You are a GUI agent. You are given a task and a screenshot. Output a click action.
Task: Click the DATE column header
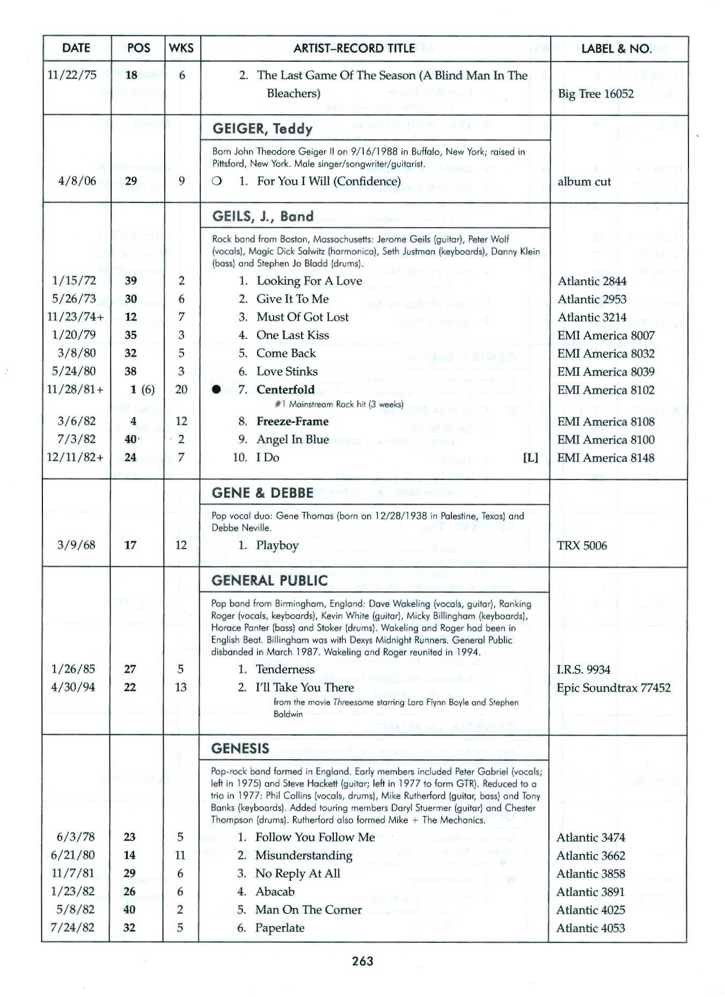tap(76, 48)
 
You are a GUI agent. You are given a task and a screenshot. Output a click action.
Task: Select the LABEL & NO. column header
tap(617, 48)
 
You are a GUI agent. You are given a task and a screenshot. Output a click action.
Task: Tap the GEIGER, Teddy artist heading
tap(262, 128)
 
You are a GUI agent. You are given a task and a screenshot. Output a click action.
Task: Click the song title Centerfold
tap(285, 389)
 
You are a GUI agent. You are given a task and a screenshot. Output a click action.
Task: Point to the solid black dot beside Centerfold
tap(216, 390)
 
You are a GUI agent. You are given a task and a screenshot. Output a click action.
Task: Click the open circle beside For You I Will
tap(217, 181)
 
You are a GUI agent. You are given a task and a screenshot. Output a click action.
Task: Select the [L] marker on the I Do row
tap(530, 457)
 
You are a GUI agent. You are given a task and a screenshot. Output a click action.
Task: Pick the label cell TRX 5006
tap(582, 545)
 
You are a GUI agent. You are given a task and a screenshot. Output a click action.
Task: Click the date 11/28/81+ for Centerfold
tap(75, 389)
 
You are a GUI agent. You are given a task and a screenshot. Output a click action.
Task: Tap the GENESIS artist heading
tap(240, 748)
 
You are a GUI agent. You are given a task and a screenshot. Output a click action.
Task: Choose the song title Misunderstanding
tap(304, 855)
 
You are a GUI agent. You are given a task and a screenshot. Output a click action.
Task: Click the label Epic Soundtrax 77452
tap(613, 687)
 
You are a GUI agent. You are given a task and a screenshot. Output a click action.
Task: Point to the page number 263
tap(363, 960)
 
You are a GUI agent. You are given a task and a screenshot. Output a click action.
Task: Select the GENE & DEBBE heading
tap(262, 493)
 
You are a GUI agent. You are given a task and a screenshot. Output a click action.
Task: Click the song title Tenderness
tap(285, 669)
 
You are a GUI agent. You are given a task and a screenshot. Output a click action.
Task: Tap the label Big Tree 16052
tap(596, 93)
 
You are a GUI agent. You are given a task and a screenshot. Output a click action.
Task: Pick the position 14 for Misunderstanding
tap(129, 855)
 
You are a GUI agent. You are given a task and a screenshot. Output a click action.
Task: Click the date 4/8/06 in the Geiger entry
tap(77, 181)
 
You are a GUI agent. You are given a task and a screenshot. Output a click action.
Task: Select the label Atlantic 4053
tap(590, 928)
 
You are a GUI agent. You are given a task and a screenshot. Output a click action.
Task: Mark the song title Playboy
tap(277, 545)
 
